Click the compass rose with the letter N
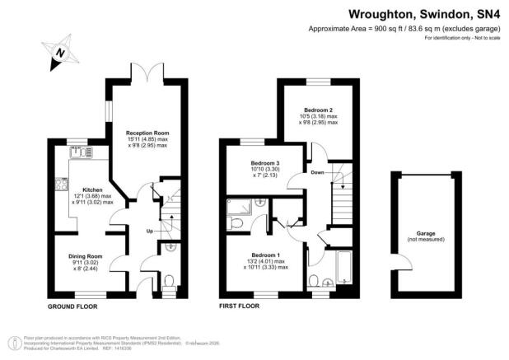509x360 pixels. click(x=58, y=54)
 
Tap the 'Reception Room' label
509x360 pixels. click(x=147, y=132)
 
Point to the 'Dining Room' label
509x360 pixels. click(x=84, y=257)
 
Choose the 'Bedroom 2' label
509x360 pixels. click(x=317, y=110)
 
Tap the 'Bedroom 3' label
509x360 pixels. click(x=265, y=164)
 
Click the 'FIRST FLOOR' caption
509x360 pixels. click(x=239, y=306)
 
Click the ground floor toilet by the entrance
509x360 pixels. click(x=170, y=281)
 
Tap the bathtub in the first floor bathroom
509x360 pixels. click(x=344, y=268)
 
